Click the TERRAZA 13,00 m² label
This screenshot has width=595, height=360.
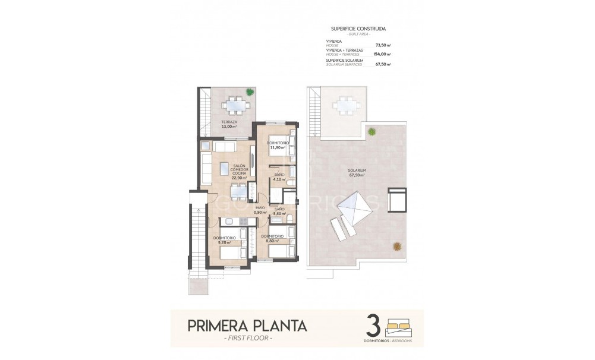point(225,124)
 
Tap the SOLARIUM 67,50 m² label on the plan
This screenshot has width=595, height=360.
point(357,173)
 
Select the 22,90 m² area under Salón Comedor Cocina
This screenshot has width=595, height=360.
point(238,176)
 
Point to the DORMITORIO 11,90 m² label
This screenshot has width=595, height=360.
point(277,145)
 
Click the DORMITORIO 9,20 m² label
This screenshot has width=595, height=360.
point(225,240)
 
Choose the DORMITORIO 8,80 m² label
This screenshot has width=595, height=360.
point(272,238)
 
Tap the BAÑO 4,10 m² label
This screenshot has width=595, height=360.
point(279,176)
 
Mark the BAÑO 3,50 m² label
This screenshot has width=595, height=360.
point(278,211)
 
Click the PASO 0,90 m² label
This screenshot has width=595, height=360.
point(260,210)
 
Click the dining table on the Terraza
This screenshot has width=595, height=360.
point(236,106)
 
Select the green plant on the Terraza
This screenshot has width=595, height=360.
point(250,92)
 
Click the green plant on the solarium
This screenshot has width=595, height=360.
point(372,131)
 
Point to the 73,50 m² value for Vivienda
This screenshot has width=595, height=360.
point(383,45)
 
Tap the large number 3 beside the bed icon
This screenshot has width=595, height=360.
point(373,327)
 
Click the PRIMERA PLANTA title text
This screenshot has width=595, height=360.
point(247,326)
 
